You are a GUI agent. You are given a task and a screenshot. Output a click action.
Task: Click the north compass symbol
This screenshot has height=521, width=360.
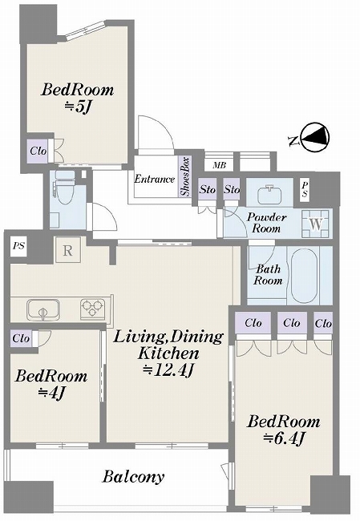(x=314, y=138)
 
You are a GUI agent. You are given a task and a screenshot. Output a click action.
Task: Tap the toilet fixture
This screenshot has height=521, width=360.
(x=65, y=188)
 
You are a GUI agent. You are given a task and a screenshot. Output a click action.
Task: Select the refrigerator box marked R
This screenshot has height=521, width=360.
(x=68, y=250)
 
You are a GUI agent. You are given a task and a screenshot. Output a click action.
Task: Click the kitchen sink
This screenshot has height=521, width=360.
(x=43, y=309)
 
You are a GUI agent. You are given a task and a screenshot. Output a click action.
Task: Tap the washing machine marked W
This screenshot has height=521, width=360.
(x=316, y=224)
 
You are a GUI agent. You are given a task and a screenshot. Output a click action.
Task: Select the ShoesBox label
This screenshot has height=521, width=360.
(x=185, y=176)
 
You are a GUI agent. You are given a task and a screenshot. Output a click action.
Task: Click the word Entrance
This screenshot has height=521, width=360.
(x=154, y=179)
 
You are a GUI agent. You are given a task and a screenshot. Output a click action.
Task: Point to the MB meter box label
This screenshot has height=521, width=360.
(x=219, y=165)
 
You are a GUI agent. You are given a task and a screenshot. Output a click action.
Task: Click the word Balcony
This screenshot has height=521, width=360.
(x=133, y=477)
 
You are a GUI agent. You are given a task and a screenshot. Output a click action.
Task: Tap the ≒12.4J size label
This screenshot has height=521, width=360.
(x=168, y=370)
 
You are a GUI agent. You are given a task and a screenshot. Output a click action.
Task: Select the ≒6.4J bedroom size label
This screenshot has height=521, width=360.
(x=284, y=438)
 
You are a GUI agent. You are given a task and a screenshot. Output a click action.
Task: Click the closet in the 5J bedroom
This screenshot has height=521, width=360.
(x=38, y=151)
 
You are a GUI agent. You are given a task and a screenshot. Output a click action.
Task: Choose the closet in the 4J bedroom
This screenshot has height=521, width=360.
(x=22, y=338)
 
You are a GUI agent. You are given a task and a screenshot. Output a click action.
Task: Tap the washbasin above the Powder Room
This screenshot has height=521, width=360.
(x=270, y=192)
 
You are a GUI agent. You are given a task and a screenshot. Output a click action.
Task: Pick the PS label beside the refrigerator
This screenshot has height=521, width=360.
(x=18, y=246)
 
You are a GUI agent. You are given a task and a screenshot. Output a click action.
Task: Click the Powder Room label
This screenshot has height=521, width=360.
(x=266, y=223)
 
